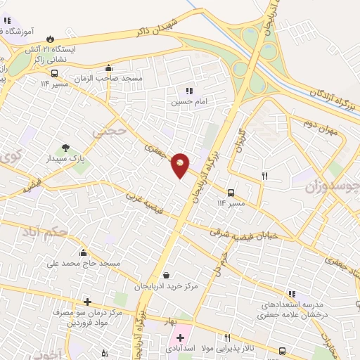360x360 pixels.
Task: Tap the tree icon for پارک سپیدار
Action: pyautogui.click(x=65, y=148)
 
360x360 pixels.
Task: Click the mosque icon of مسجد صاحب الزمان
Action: pyautogui.click(x=108, y=68)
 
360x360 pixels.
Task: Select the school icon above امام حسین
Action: pyautogui.click(x=188, y=91)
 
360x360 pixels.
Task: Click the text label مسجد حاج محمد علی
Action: pyautogui.click(x=83, y=264)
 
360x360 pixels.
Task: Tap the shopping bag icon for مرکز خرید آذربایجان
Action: pyautogui.click(x=165, y=276)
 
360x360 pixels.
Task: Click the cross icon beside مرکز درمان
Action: pyautogui.click(x=86, y=302)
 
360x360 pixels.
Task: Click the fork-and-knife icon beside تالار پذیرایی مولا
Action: pyautogui.click(x=226, y=337)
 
